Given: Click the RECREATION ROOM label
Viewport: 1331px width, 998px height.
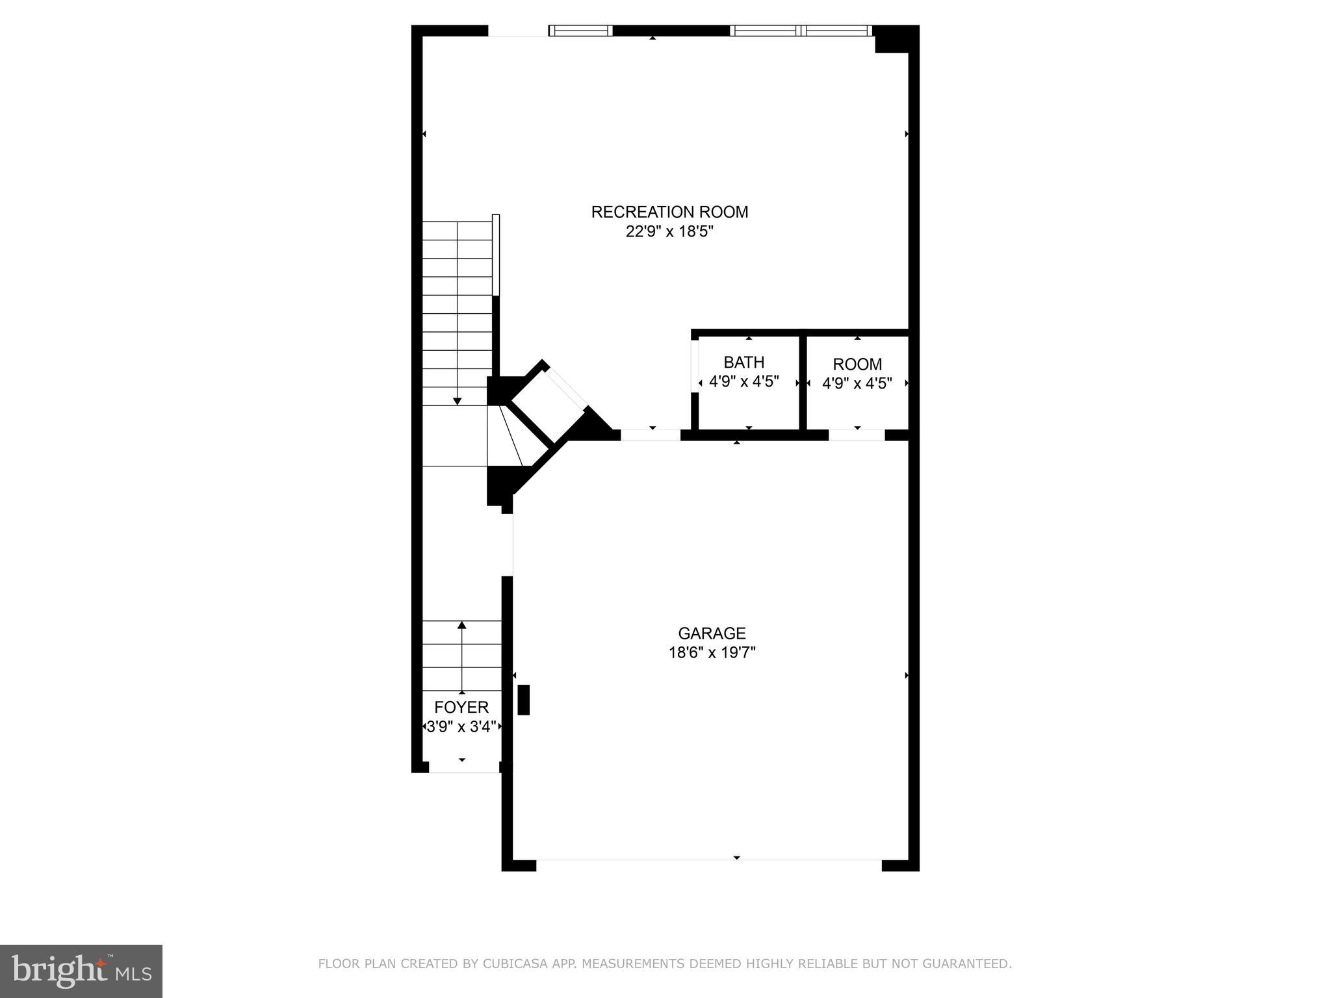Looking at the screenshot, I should [669, 212].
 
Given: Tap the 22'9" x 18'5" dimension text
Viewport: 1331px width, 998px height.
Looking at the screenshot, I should [669, 232].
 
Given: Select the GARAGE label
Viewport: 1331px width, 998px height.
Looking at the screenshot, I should [712, 633].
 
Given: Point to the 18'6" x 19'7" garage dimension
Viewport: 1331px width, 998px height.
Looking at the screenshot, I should [712, 652].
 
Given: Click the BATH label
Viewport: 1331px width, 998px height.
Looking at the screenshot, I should [744, 362].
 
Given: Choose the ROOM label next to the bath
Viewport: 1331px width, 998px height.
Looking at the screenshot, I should [857, 364].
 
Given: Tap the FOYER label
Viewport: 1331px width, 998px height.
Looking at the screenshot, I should [461, 707].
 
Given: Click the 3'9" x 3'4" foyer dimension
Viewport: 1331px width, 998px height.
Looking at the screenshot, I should [461, 726].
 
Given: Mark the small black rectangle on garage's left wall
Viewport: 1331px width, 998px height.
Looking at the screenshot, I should [523, 700].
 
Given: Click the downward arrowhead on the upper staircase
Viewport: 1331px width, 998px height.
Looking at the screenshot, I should [458, 401].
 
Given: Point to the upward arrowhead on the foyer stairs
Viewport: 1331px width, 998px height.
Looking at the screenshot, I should [462, 625].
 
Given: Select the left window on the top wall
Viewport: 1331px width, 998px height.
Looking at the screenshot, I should [580, 31].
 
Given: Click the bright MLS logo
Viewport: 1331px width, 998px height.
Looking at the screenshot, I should [81, 971].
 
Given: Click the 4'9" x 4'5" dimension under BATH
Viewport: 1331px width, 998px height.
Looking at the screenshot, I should [744, 381].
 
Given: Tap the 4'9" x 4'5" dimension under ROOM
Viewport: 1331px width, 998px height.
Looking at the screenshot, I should [857, 383].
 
